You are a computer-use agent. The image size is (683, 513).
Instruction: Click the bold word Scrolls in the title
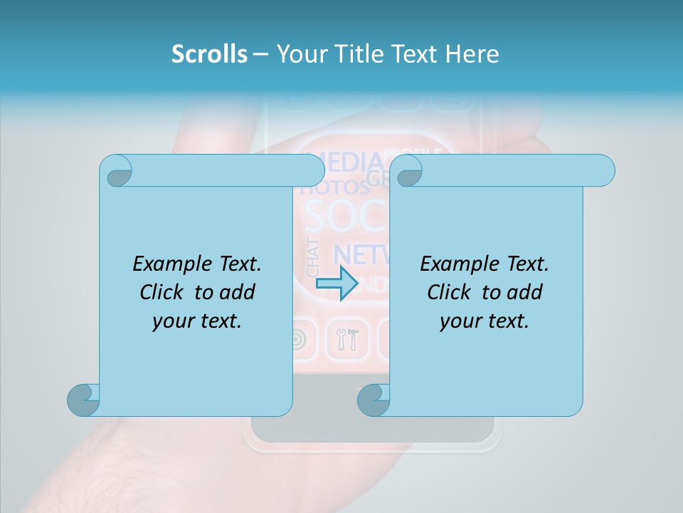tap(209, 54)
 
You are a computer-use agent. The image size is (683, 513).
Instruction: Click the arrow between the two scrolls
tap(336, 283)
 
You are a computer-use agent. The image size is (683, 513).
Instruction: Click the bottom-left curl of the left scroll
tap(83, 400)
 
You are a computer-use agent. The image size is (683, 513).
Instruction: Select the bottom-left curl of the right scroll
tap(374, 400)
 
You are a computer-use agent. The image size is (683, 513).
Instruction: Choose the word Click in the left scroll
tap(164, 292)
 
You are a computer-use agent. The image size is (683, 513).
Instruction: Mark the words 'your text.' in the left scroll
tap(197, 321)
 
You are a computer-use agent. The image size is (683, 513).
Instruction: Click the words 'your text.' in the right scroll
tap(485, 321)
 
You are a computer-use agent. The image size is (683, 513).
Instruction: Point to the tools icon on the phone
tap(348, 340)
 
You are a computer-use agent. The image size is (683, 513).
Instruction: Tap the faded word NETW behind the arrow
tap(360, 254)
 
